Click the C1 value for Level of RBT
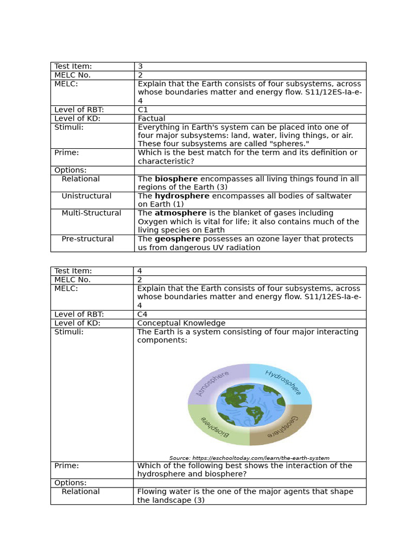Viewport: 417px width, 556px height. [143, 110]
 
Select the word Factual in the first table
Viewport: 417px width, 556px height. [151, 118]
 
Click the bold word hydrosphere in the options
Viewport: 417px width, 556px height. [182, 196]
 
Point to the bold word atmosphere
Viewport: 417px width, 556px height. [180, 213]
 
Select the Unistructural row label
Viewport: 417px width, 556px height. [86, 196]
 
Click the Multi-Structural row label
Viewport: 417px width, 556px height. [91, 213]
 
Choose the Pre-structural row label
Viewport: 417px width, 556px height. [87, 239]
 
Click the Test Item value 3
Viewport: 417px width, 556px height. [140, 66]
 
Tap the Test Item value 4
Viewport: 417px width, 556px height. [140, 271]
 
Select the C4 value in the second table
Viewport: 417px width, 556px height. [142, 314]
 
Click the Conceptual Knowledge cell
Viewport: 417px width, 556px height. [181, 323]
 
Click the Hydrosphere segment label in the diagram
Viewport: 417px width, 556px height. [283, 382]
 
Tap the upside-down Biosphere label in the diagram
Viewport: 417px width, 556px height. [215, 427]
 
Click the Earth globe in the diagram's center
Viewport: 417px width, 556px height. [250, 405]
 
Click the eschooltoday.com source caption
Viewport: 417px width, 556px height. [249, 458]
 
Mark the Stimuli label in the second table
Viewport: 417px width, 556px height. [69, 332]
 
